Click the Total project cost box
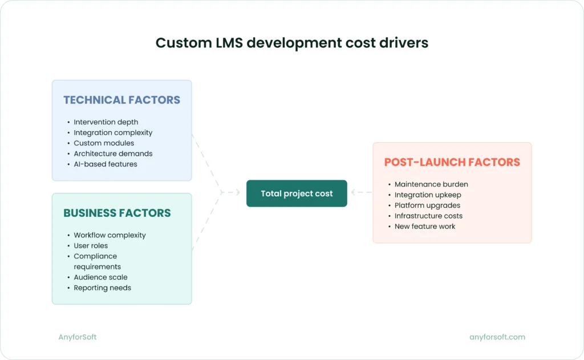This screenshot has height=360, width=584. click(297, 193)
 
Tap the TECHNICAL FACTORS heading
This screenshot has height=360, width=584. click(121, 100)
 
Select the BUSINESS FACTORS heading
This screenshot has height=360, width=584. click(117, 213)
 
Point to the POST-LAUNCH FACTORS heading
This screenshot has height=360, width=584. click(452, 162)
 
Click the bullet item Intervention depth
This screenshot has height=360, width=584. click(106, 122)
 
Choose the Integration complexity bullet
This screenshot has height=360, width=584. click(113, 132)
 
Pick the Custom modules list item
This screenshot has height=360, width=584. click(104, 143)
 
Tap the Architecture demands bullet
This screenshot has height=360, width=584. click(113, 153)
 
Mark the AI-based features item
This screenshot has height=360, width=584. click(106, 164)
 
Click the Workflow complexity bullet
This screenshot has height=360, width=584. click(109, 235)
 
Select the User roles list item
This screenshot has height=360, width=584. click(91, 245)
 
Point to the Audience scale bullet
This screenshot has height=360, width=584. click(100, 277)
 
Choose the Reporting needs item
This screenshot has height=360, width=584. click(102, 288)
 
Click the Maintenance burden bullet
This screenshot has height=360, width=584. click(431, 184)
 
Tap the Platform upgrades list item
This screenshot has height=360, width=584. click(427, 205)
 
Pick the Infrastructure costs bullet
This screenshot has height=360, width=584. click(428, 216)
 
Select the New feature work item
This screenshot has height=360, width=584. click(425, 226)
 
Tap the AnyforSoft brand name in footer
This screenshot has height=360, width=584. click(78, 337)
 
